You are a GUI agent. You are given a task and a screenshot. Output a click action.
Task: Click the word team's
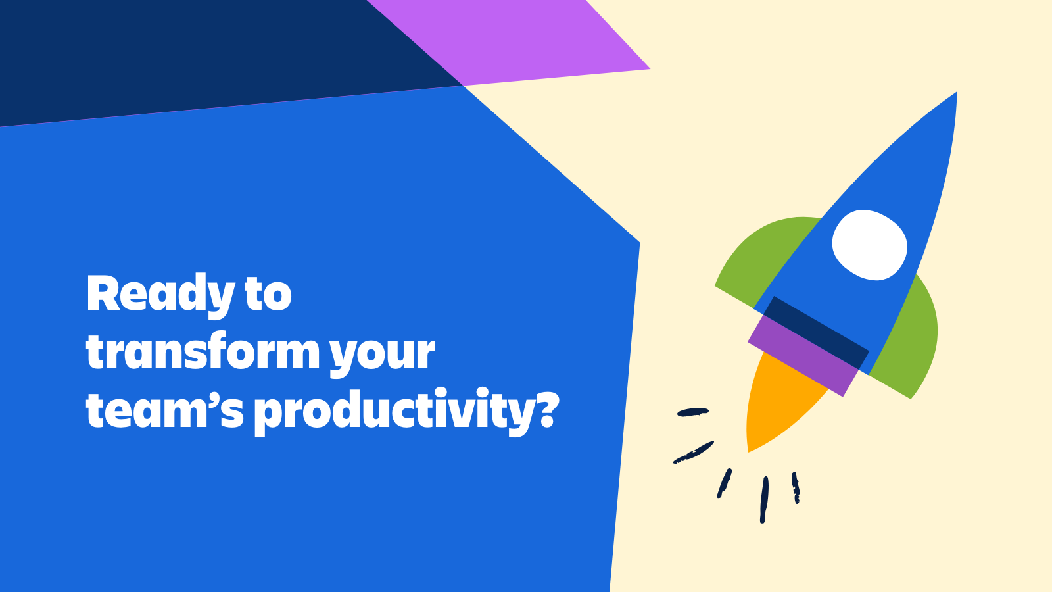pyautogui.click(x=165, y=408)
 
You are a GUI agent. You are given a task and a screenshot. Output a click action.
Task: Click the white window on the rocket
pyautogui.click(x=869, y=245)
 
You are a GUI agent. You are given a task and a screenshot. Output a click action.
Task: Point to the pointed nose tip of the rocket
pyautogui.click(x=956, y=93)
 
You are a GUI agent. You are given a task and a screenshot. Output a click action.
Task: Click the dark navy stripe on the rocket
pyautogui.click(x=816, y=333)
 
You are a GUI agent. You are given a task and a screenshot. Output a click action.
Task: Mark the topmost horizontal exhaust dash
pyautogui.click(x=693, y=412)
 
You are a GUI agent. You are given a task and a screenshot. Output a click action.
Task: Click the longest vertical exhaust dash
pyautogui.click(x=764, y=499)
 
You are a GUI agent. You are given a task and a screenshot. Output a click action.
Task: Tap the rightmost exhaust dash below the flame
pyautogui.click(x=795, y=487)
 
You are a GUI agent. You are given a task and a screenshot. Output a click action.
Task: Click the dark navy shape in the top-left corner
pyautogui.click(x=188, y=57)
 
